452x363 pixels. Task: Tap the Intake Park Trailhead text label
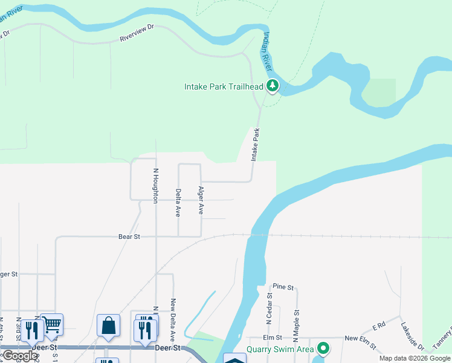(224, 87)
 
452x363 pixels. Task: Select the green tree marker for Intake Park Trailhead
(273, 87)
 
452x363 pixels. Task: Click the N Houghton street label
(155, 185)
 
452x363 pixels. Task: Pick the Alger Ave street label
(201, 200)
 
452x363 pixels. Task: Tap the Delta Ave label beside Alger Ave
(178, 203)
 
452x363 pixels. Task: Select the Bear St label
(129, 237)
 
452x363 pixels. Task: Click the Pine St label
(283, 287)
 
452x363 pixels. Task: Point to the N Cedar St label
(270, 309)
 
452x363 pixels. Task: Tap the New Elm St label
(360, 338)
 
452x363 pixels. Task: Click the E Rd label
(379, 325)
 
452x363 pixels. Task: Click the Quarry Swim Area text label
(280, 349)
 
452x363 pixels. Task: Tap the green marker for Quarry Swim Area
(323, 348)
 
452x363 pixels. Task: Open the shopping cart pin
(52, 324)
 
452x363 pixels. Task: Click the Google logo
(20, 356)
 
